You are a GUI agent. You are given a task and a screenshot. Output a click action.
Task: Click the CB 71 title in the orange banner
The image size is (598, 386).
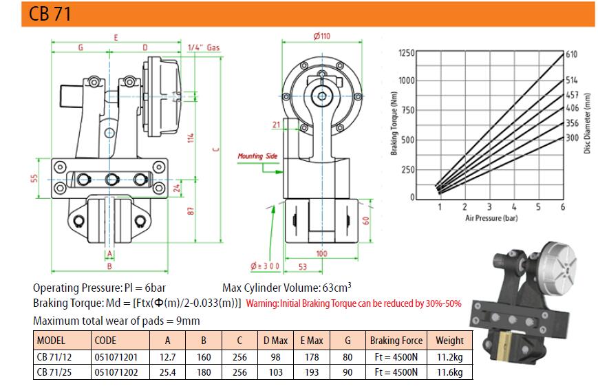pyautogui.click(x=50, y=14)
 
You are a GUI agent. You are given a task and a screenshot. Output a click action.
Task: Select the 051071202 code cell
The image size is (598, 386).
pyautogui.click(x=116, y=372)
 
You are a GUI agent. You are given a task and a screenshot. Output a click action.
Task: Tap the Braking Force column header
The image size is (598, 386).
pyautogui.click(x=396, y=340)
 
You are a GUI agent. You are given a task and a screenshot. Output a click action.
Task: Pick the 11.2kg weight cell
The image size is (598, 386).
pyautogui.click(x=449, y=357)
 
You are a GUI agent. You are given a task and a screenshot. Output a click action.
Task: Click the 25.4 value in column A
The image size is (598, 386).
pyautogui.click(x=167, y=372)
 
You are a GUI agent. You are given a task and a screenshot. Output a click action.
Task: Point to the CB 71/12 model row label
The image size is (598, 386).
pyautogui.click(x=54, y=357)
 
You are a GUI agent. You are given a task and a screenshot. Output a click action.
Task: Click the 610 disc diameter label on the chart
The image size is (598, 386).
pyautogui.click(x=571, y=54)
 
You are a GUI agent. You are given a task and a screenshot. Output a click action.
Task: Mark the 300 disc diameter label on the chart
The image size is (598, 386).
pyautogui.click(x=572, y=138)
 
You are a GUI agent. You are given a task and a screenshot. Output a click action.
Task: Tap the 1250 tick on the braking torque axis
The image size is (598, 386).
pyautogui.click(x=407, y=52)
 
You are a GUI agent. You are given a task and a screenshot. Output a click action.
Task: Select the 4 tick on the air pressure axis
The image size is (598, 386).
pyautogui.click(x=514, y=206)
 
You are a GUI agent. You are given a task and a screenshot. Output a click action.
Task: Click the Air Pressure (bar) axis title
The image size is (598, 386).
pyautogui.click(x=491, y=218)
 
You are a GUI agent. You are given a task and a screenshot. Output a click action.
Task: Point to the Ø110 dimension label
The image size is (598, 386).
pyautogui.click(x=322, y=36)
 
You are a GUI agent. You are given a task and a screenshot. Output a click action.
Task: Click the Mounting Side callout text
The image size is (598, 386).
pyautogui.click(x=257, y=156)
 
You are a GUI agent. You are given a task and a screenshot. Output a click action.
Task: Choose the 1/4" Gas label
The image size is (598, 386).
pyautogui.click(x=204, y=47)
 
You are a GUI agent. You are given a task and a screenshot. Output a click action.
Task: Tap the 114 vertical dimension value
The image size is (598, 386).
pyautogui.click(x=191, y=138)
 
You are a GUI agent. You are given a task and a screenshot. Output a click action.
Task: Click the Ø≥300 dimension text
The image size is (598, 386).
pyautogui.click(x=265, y=266)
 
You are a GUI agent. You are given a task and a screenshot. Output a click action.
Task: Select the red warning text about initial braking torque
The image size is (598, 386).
pyautogui.click(x=354, y=303)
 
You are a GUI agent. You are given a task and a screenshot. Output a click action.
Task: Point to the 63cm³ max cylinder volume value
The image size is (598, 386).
pyautogui.click(x=337, y=287)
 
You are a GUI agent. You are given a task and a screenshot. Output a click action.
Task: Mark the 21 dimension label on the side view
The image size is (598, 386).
pyautogui.click(x=277, y=125)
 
